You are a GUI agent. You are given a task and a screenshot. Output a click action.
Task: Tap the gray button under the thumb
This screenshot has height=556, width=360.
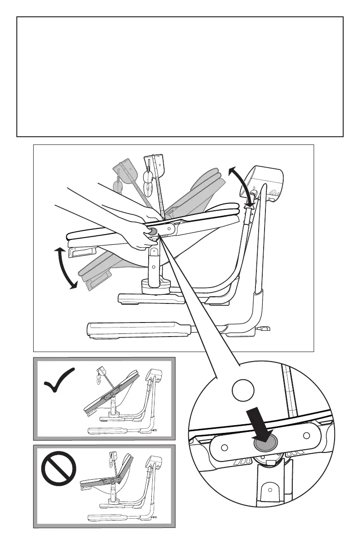pos(152,232)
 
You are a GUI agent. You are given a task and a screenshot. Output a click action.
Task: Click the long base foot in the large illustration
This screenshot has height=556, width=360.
pos(136,330)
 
